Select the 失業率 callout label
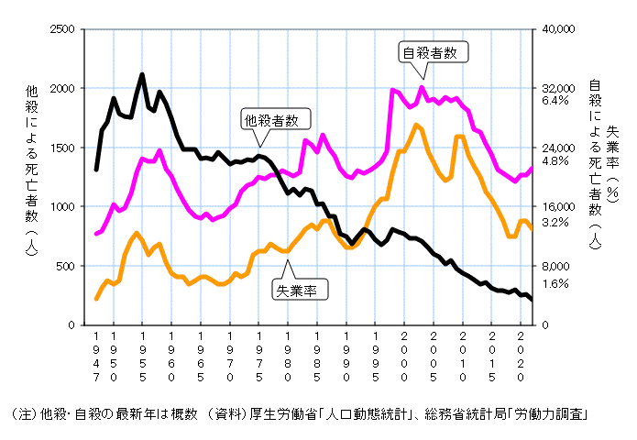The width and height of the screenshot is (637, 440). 300,290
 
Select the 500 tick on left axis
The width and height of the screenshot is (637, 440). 62,266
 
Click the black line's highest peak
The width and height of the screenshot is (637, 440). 142,74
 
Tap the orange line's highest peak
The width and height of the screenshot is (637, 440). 416,125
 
